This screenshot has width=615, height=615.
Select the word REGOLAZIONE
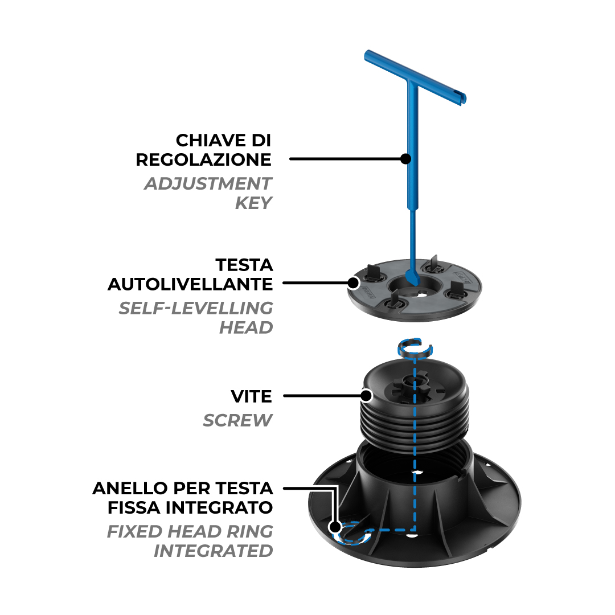point(203,159)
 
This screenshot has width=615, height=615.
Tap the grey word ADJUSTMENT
point(208,183)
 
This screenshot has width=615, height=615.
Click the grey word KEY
point(253,203)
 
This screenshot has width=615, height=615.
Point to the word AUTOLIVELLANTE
point(190,284)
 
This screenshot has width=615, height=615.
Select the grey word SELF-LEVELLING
point(196,308)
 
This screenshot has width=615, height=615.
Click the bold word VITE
point(252,396)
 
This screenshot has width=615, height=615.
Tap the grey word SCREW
point(237,420)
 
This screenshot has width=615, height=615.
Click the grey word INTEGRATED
point(214,551)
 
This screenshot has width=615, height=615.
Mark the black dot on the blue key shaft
point(406,159)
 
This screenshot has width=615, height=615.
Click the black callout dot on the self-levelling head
point(354,282)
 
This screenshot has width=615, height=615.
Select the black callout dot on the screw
point(366,396)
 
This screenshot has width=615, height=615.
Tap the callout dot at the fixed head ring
point(335,527)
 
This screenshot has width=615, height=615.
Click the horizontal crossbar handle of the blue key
point(415,77)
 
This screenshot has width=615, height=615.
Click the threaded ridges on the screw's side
point(414,425)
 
